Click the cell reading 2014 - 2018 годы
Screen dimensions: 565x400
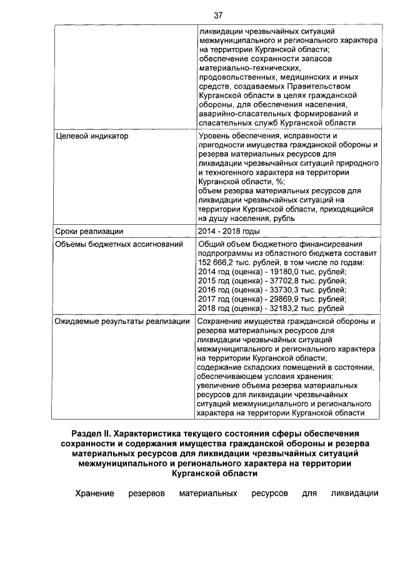[228, 231]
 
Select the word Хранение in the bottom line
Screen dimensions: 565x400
[94, 494]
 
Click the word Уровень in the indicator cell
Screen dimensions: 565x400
[214, 135]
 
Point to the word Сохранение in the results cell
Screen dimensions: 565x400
[221, 322]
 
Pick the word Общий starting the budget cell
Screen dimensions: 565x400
[211, 243]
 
